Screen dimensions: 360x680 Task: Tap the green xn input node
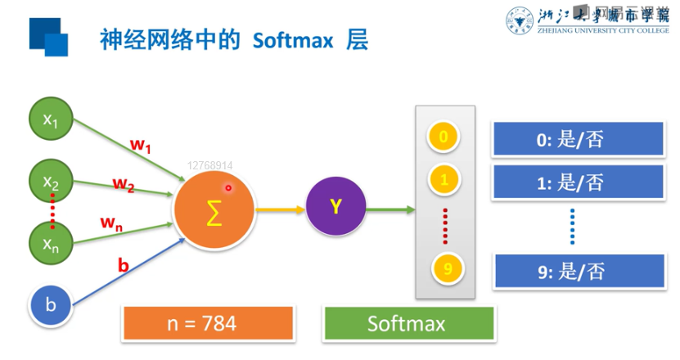pyautogui.click(x=51, y=242)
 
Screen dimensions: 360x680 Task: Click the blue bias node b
pyautogui.click(x=51, y=305)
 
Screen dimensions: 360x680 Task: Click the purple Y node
pyautogui.click(x=335, y=208)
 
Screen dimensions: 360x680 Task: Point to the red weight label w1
pyautogui.click(x=141, y=146)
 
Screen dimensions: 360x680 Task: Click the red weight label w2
pyautogui.click(x=124, y=184)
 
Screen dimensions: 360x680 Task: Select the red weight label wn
pyautogui.click(x=111, y=223)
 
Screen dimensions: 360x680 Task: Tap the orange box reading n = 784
pyautogui.click(x=208, y=323)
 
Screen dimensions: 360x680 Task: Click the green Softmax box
pyautogui.click(x=406, y=323)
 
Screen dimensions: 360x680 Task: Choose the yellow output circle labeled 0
pyautogui.click(x=444, y=137)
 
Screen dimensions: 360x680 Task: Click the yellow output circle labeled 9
pyautogui.click(x=444, y=268)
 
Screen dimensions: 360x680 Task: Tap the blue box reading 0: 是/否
pyautogui.click(x=570, y=140)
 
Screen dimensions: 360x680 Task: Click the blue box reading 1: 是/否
pyautogui.click(x=570, y=182)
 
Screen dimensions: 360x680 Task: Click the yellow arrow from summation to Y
pyautogui.click(x=278, y=209)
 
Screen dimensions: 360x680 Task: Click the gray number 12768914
pyautogui.click(x=209, y=165)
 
